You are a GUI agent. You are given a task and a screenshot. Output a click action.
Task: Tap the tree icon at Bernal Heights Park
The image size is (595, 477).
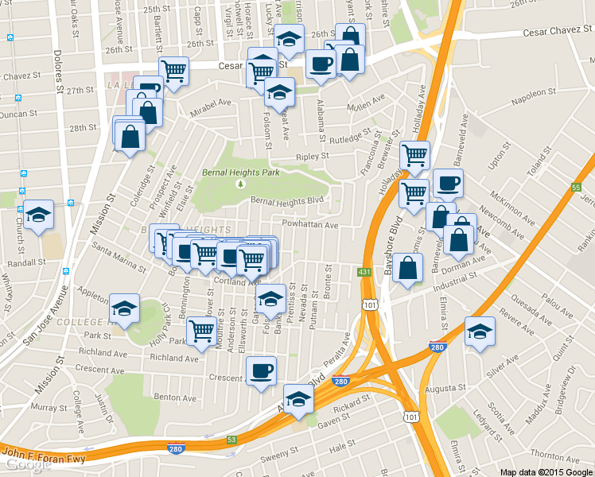click(x=240, y=184)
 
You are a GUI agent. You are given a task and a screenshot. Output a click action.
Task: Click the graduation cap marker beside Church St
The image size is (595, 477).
click(x=38, y=215)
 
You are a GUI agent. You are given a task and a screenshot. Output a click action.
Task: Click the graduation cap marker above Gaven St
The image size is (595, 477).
click(x=297, y=401)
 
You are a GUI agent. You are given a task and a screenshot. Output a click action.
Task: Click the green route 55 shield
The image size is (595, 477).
click(x=576, y=188)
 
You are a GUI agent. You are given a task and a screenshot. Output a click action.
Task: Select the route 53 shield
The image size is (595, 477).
click(x=231, y=439)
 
